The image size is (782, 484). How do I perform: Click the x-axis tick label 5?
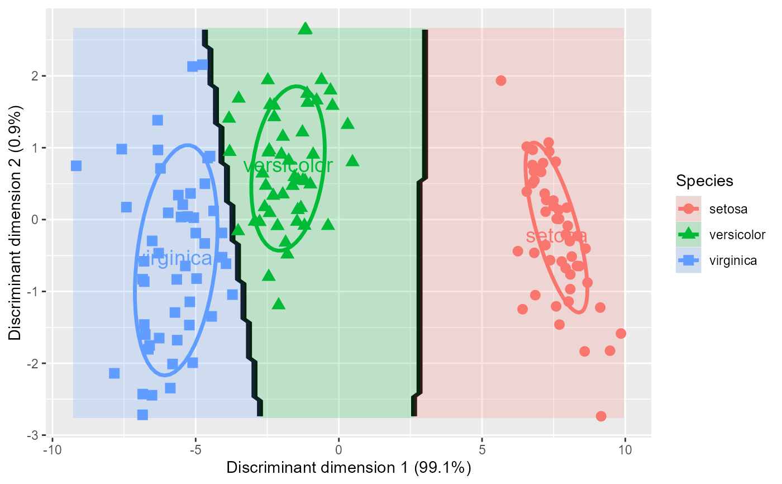pyautogui.click(x=481, y=450)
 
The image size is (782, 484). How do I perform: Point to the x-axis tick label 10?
pyautogui.click(x=624, y=450)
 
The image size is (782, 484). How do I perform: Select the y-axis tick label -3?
pyautogui.click(x=33, y=435)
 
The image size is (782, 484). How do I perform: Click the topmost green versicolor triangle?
pyautogui.click(x=304, y=28)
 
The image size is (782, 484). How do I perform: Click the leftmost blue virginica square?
pyautogui.click(x=76, y=166)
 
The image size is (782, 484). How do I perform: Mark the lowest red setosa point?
pyautogui.click(x=601, y=416)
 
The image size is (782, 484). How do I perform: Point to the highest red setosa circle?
pyautogui.click(x=501, y=80)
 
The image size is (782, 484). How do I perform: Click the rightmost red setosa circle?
pyautogui.click(x=621, y=334)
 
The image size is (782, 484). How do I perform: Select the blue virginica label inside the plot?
pyautogui.click(x=175, y=259)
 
